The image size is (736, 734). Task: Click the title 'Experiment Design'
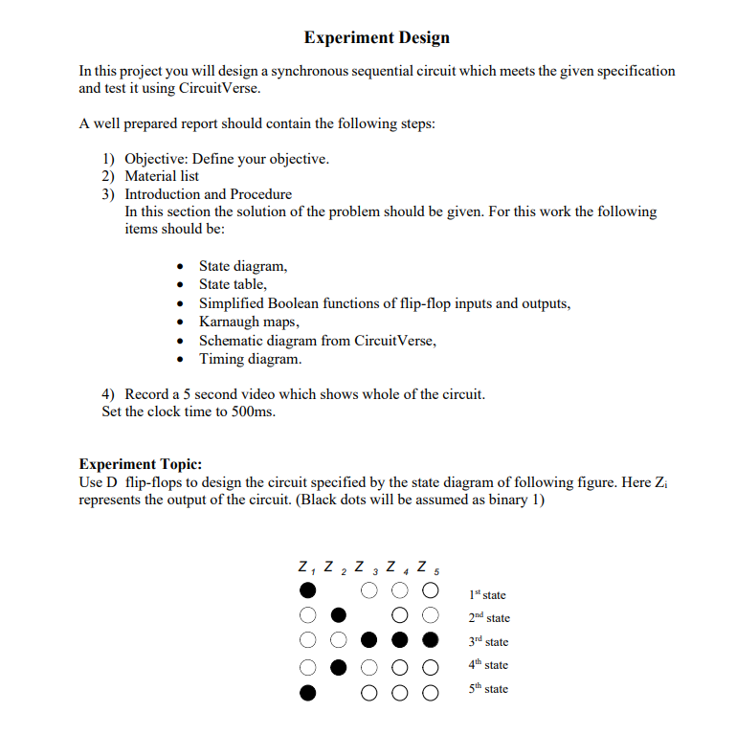click(376, 38)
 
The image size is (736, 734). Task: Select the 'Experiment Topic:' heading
click(140, 463)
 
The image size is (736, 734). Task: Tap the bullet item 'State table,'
click(233, 284)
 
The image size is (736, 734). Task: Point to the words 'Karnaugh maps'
click(248, 322)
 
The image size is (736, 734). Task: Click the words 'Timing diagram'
click(249, 359)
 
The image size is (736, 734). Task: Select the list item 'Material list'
click(162, 176)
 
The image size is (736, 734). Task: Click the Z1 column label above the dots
click(306, 566)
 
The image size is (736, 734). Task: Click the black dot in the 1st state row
click(307, 591)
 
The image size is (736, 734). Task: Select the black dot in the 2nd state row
click(338, 615)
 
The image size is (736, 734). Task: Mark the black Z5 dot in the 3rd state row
click(431, 639)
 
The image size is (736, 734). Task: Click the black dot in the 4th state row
click(338, 664)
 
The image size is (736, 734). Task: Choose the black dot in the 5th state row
click(307, 689)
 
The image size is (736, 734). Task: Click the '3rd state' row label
click(489, 641)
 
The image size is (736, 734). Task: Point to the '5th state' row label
click(489, 689)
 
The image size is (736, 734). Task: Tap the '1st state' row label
click(488, 594)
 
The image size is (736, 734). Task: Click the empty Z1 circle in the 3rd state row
click(307, 639)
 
